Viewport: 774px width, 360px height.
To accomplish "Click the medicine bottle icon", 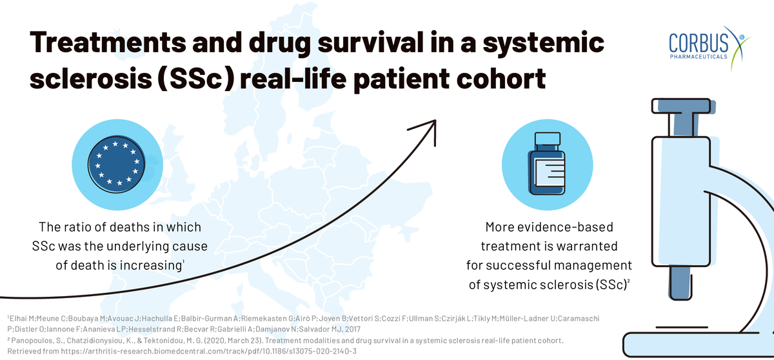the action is (546, 163).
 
